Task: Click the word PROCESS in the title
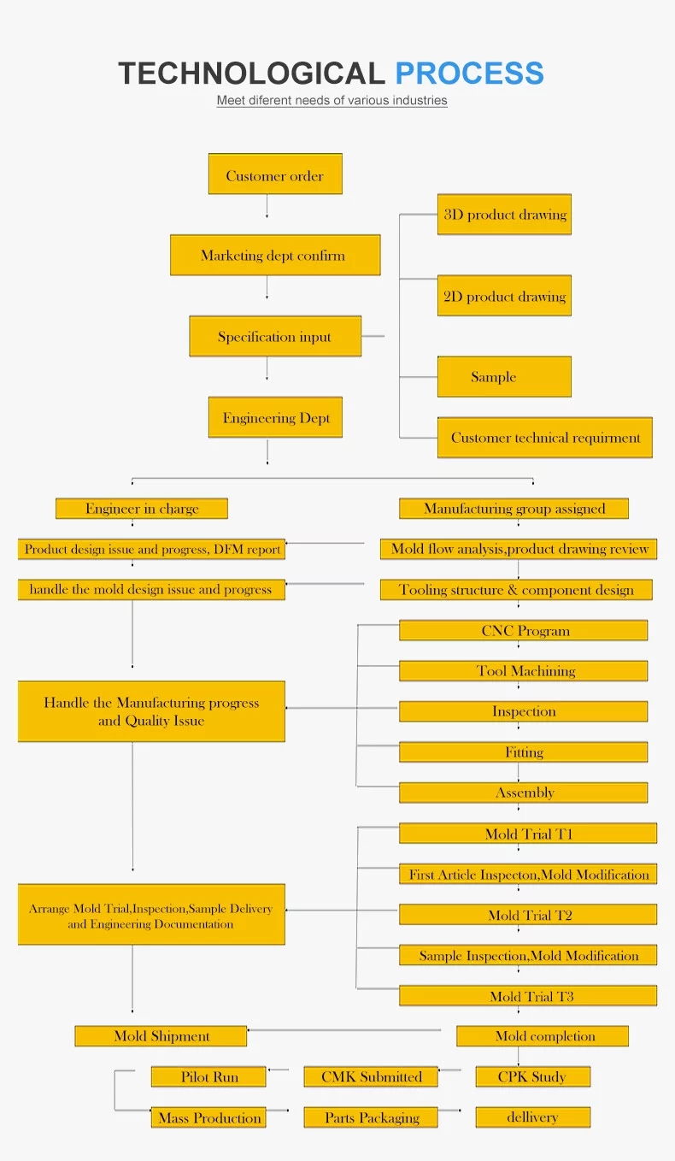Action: [469, 74]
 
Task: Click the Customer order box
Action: [275, 174]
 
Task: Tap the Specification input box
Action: [275, 336]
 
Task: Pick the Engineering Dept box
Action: [275, 417]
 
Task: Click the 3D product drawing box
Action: [504, 215]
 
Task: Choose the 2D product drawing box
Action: [504, 296]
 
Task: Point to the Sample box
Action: [504, 377]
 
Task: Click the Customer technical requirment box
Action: [544, 438]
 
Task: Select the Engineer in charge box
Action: [142, 509]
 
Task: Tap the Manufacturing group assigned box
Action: [514, 509]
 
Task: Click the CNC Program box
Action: [523, 631]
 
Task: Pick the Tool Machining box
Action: [523, 671]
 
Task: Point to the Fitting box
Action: [523, 752]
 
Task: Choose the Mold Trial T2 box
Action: [528, 915]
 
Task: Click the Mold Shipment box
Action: [161, 1036]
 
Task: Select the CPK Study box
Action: [532, 1076]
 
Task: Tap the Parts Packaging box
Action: [371, 1117]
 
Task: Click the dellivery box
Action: [532, 1117]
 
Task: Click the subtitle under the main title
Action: [332, 100]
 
